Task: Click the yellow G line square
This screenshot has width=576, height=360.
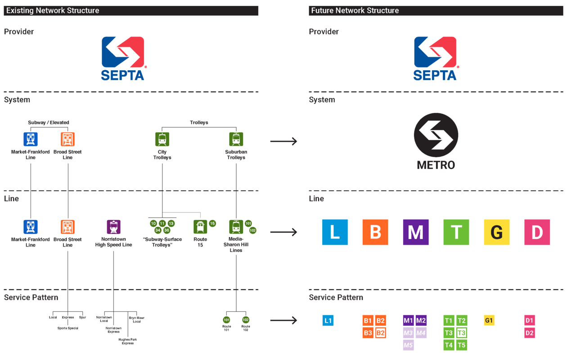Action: point(496,232)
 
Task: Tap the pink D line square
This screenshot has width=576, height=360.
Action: point(537,232)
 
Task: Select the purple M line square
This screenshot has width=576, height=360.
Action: point(415,232)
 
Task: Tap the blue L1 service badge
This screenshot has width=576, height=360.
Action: point(328,321)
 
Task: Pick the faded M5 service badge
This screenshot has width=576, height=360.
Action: point(408,345)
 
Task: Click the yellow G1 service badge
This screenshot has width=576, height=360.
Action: point(489,320)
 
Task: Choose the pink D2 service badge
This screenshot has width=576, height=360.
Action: point(530,333)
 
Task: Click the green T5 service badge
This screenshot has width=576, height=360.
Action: point(461,345)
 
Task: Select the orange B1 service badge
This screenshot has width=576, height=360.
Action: point(368,320)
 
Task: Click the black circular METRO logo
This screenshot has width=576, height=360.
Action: point(436,135)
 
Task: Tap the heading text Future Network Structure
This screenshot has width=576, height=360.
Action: point(355,10)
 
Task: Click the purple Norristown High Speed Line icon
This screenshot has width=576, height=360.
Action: point(113,227)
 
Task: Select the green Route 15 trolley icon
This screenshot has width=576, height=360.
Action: point(200,227)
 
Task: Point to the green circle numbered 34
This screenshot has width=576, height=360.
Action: point(158,230)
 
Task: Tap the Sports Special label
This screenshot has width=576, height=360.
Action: point(68,328)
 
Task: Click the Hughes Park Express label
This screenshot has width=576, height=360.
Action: point(127,342)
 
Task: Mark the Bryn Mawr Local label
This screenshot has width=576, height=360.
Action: point(137,319)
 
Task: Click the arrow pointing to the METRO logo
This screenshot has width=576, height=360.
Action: point(283,141)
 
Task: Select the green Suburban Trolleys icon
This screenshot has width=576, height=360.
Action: point(236,139)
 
